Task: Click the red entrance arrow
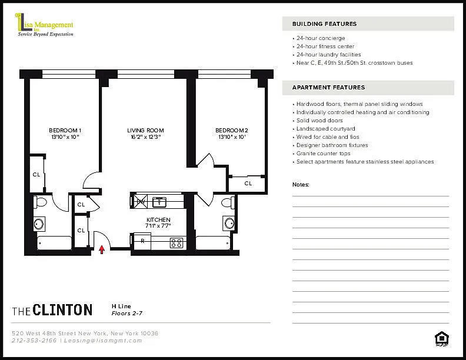point(102,249)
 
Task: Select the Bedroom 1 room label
point(65,131)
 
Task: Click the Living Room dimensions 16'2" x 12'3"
point(146,137)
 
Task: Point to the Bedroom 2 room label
point(232,131)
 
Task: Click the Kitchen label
point(158,220)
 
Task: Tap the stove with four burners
point(177,243)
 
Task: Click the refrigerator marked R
point(142,241)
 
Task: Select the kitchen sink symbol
point(159,202)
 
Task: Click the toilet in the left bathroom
point(41,202)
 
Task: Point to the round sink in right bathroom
point(229,223)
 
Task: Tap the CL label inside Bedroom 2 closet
point(248,184)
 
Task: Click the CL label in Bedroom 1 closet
point(36,175)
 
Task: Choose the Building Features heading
point(325,24)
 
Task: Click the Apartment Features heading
point(329,88)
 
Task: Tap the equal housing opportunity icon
point(442,339)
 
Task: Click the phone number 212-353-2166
point(34,341)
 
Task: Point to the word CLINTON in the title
point(63,310)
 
